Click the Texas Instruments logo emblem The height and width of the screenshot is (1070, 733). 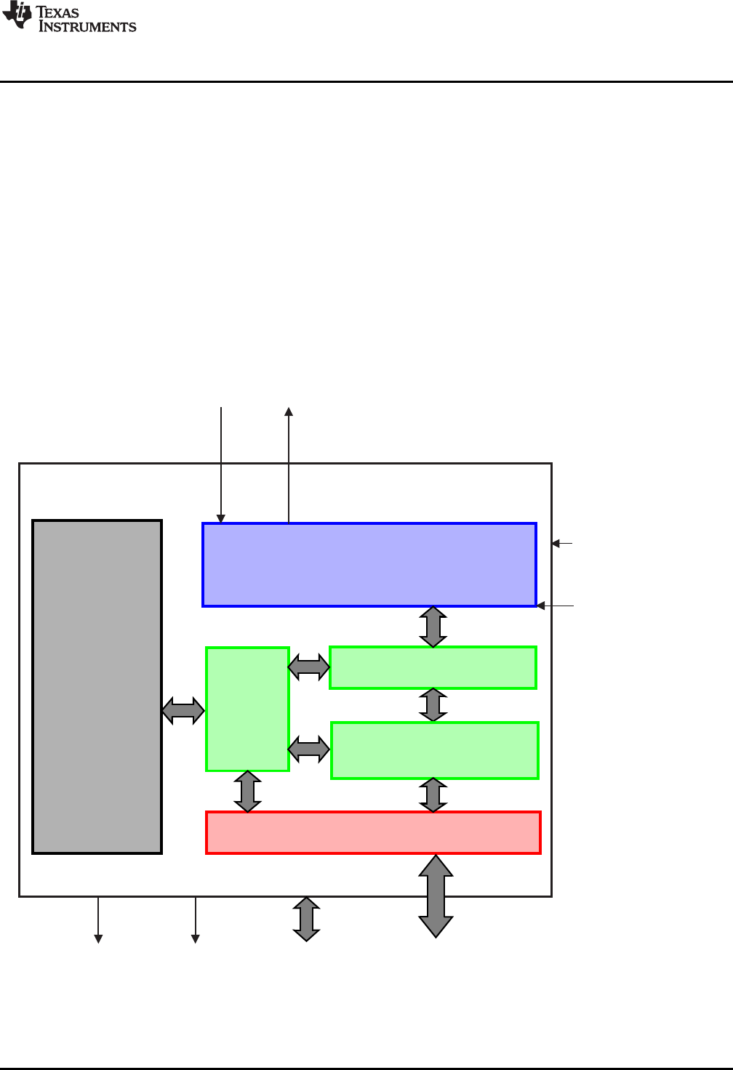pos(17,15)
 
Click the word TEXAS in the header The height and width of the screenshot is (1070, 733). pos(57,12)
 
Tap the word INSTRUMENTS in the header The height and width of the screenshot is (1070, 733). pos(87,27)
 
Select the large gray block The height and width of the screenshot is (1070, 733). pos(97,686)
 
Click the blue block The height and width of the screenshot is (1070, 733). pos(369,564)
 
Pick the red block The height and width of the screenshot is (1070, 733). pos(373,832)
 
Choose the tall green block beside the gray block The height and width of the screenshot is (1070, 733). pos(247,709)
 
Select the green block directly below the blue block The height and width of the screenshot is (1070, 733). pos(433,667)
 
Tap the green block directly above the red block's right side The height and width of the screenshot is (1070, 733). pos(434,750)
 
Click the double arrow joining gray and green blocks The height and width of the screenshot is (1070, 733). pos(183,710)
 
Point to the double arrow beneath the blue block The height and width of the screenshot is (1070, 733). pos(433,627)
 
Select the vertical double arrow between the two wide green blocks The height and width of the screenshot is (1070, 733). pos(433,705)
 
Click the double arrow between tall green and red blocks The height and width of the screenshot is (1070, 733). pos(248,792)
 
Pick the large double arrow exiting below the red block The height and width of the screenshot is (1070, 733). pos(436,896)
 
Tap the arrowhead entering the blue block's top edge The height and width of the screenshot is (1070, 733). pos(221,518)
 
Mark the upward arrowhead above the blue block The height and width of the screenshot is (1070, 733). pos(289,411)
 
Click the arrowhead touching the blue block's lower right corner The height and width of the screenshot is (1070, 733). pos(541,606)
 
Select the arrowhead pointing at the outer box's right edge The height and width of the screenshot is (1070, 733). pos(556,543)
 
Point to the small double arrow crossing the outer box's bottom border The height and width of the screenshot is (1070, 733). pos(307,919)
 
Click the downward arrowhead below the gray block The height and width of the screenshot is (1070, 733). pos(98,939)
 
